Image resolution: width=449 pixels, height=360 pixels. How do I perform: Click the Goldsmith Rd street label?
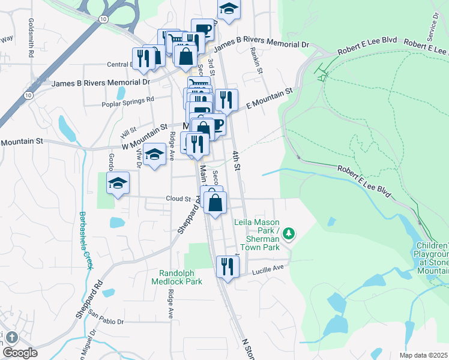click(30, 37)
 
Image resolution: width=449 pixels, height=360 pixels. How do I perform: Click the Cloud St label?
click(178, 199)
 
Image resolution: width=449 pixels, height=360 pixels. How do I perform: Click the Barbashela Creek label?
click(85, 241)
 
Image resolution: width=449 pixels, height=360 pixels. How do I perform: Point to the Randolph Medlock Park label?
click(181, 277)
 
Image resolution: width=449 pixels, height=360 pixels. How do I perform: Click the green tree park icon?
click(289, 233)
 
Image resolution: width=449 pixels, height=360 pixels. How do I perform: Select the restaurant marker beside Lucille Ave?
click(227, 266)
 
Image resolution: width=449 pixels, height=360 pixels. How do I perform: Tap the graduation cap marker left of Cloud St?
click(118, 183)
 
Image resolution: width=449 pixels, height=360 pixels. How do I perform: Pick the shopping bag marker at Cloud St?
click(215, 202)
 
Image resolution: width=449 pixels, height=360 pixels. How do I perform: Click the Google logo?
click(19, 352)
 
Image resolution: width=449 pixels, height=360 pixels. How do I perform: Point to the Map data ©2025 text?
click(424, 355)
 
